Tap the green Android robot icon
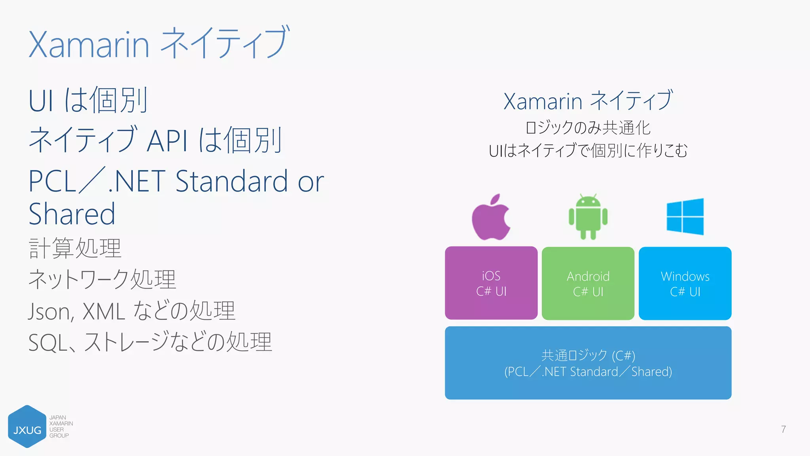pyautogui.click(x=588, y=217)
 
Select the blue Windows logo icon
pyautogui.click(x=685, y=217)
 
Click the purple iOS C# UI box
pyautogui.click(x=491, y=283)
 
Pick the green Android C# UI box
pyautogui.click(x=588, y=283)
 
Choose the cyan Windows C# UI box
pyautogui.click(x=685, y=283)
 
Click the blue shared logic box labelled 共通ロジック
pyautogui.click(x=588, y=363)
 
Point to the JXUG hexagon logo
pyautogui.click(x=27, y=427)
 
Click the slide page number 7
pyautogui.click(x=783, y=429)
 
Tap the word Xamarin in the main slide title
pyautogui.click(x=89, y=44)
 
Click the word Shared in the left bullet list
pyautogui.click(x=72, y=214)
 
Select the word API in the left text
pyautogui.click(x=167, y=141)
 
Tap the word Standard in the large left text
pyautogui.click(x=231, y=181)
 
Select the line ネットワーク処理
pyautogui.click(x=102, y=279)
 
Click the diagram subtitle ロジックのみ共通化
pyautogui.click(x=588, y=128)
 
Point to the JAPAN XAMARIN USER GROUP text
pyautogui.click(x=61, y=427)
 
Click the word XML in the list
pyautogui.click(x=104, y=312)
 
